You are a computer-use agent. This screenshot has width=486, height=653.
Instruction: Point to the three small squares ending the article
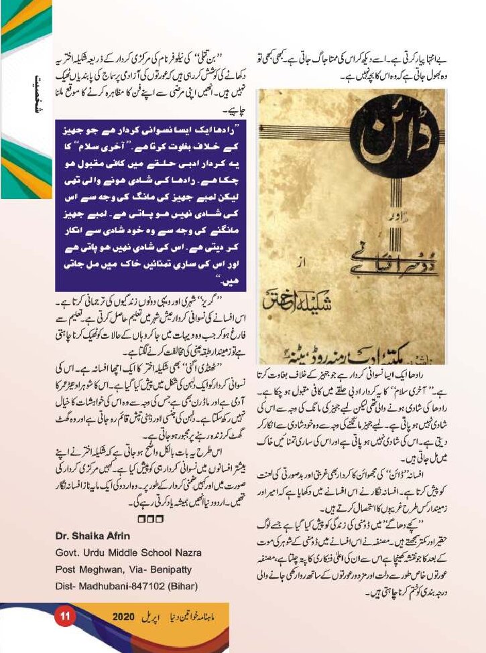click(x=146, y=518)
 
